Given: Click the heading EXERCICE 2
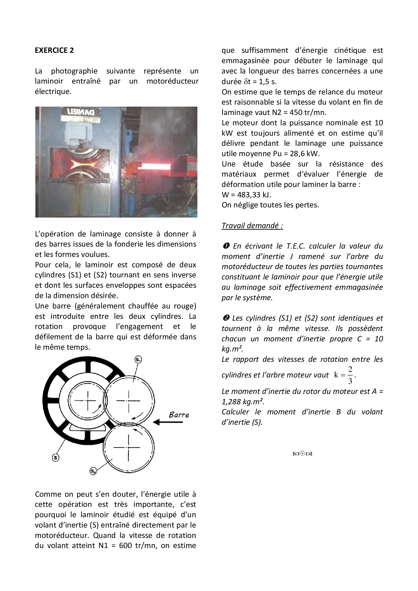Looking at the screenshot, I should [x=54, y=50].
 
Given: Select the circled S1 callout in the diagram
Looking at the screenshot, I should [x=138, y=360].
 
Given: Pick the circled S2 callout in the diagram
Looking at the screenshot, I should [x=93, y=471].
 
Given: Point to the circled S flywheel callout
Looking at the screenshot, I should [x=55, y=457].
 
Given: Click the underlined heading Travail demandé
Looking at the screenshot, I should [x=252, y=225].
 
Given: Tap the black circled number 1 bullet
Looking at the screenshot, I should [x=226, y=246].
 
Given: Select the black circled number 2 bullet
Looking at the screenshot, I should [x=226, y=318].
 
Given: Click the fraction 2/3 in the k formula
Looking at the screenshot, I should [x=350, y=375].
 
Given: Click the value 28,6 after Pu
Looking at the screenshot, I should [x=298, y=154].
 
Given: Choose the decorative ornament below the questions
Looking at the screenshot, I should [x=302, y=454].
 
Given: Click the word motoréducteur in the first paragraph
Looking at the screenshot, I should [x=172, y=81].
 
